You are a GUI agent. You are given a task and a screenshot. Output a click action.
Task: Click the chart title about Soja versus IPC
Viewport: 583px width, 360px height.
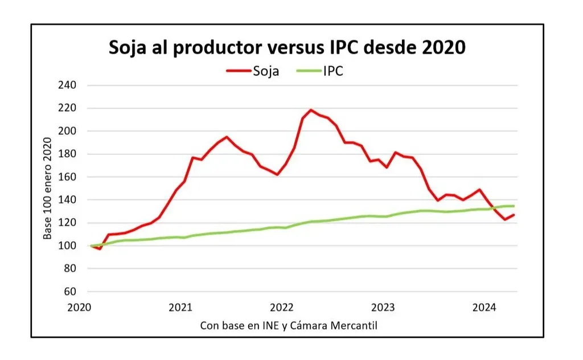[287, 48]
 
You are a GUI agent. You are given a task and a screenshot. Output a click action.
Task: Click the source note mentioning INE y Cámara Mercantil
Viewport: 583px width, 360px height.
[289, 326]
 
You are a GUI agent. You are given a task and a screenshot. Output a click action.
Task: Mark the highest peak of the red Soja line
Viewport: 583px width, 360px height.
[311, 110]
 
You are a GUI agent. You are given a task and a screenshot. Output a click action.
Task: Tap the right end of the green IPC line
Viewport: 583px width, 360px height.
[514, 206]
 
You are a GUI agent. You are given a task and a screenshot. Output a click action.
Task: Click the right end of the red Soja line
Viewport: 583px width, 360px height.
[514, 215]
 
